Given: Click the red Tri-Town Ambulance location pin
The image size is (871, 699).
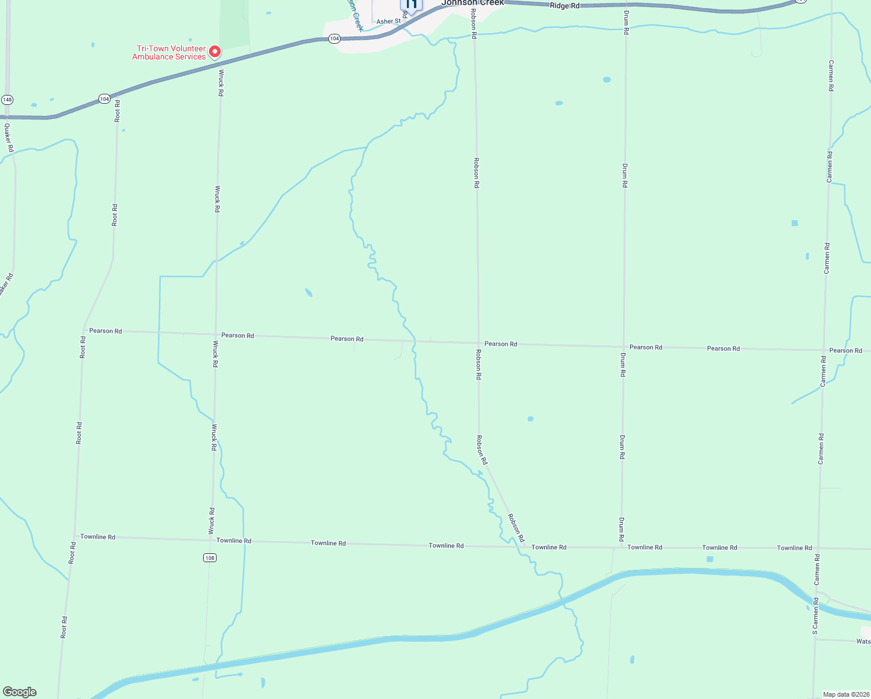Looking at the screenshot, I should point(214,52).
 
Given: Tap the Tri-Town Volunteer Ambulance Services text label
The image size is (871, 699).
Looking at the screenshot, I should point(169,53).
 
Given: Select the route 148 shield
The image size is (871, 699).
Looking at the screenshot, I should point(7,100).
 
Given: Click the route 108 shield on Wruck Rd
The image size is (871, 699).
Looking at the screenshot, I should point(210,558).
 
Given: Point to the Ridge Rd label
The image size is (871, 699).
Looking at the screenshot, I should point(565,6).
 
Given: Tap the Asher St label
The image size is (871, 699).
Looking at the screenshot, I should point(388,22).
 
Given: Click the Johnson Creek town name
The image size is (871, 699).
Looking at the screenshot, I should point(473,3).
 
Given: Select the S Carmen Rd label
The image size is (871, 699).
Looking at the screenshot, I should point(815,616).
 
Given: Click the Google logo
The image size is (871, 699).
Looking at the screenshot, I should point(19,692).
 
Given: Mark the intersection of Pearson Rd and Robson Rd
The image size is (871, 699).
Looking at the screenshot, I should point(478,343).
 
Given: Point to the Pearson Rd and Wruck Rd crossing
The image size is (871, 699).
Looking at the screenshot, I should point(216,334).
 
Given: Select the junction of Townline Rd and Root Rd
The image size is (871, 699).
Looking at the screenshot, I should point(75,536).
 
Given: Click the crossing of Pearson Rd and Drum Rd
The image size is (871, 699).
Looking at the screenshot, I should point(624,346).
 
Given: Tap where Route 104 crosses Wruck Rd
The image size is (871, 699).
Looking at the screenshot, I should point(221,62).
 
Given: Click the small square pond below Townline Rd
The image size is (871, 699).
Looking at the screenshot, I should point(709,559).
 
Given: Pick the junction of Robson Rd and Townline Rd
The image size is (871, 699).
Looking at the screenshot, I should point(522,546).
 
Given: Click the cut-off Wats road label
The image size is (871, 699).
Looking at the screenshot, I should point(863,641).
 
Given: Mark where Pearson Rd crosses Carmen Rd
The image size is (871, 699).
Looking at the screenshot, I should point(824,350).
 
